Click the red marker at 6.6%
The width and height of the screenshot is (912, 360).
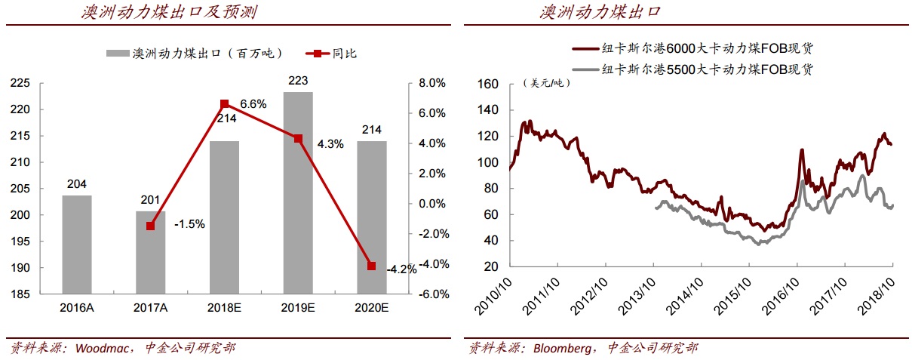(224, 103)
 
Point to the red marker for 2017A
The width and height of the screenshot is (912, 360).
(151, 226)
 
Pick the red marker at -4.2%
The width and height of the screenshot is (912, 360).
(371, 266)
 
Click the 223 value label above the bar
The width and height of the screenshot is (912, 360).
(297, 81)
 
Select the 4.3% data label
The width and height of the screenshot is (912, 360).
(330, 143)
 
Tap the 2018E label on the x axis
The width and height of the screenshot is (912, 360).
(224, 307)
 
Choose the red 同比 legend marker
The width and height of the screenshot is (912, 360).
(318, 54)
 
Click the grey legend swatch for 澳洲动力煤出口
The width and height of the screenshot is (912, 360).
(118, 54)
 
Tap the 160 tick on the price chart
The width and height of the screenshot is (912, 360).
(488, 84)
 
